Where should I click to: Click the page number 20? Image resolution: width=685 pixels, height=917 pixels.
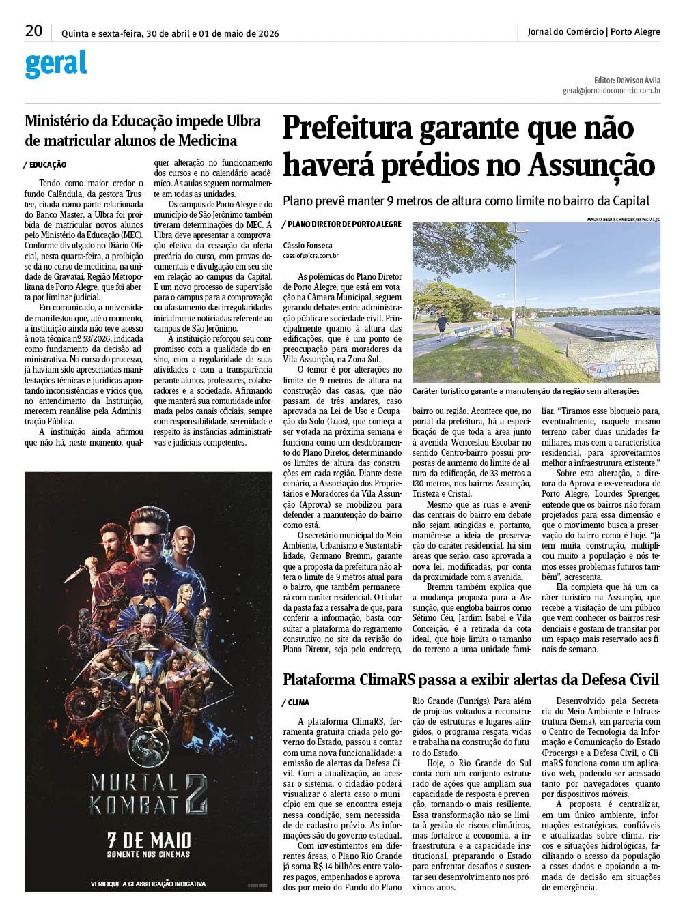[x=33, y=31]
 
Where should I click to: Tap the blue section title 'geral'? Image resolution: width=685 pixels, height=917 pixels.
[x=56, y=64]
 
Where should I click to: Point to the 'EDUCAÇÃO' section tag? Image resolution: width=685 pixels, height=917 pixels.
[x=47, y=165]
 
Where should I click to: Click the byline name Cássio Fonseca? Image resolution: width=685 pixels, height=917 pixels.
[x=307, y=245]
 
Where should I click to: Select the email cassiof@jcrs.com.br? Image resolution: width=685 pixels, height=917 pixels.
[x=311, y=256]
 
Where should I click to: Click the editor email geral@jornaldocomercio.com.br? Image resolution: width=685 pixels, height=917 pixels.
[x=611, y=90]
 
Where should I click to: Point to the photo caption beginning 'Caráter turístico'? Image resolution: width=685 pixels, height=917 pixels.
[x=525, y=391]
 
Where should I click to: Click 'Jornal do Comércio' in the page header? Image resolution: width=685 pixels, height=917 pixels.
[x=565, y=31]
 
